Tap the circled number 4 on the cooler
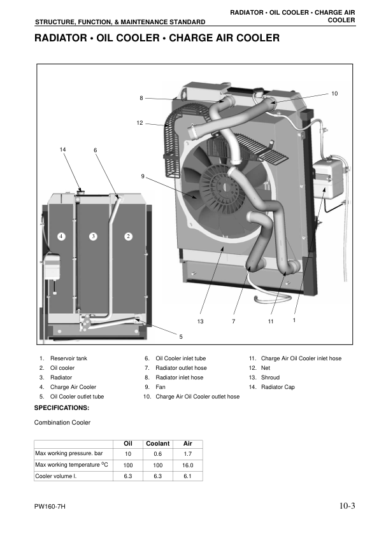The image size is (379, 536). (x=61, y=236)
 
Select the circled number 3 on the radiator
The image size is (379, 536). (x=93, y=236)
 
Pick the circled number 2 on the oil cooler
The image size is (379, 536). (x=128, y=236)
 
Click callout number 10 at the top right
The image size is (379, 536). (x=334, y=94)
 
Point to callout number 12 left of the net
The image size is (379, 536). (x=139, y=122)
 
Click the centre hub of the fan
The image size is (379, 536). (x=225, y=184)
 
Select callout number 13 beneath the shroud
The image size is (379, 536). (x=201, y=321)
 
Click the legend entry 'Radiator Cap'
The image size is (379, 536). (x=278, y=387)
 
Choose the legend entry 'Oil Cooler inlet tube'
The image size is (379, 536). (x=180, y=358)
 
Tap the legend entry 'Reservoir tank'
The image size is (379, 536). (x=68, y=358)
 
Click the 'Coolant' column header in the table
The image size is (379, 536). (x=157, y=444)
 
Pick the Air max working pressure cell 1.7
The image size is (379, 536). (x=187, y=454)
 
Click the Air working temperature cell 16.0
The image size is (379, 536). (x=187, y=465)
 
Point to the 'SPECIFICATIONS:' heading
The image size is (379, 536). (x=61, y=407)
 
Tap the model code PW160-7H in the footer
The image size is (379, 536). (x=50, y=507)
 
